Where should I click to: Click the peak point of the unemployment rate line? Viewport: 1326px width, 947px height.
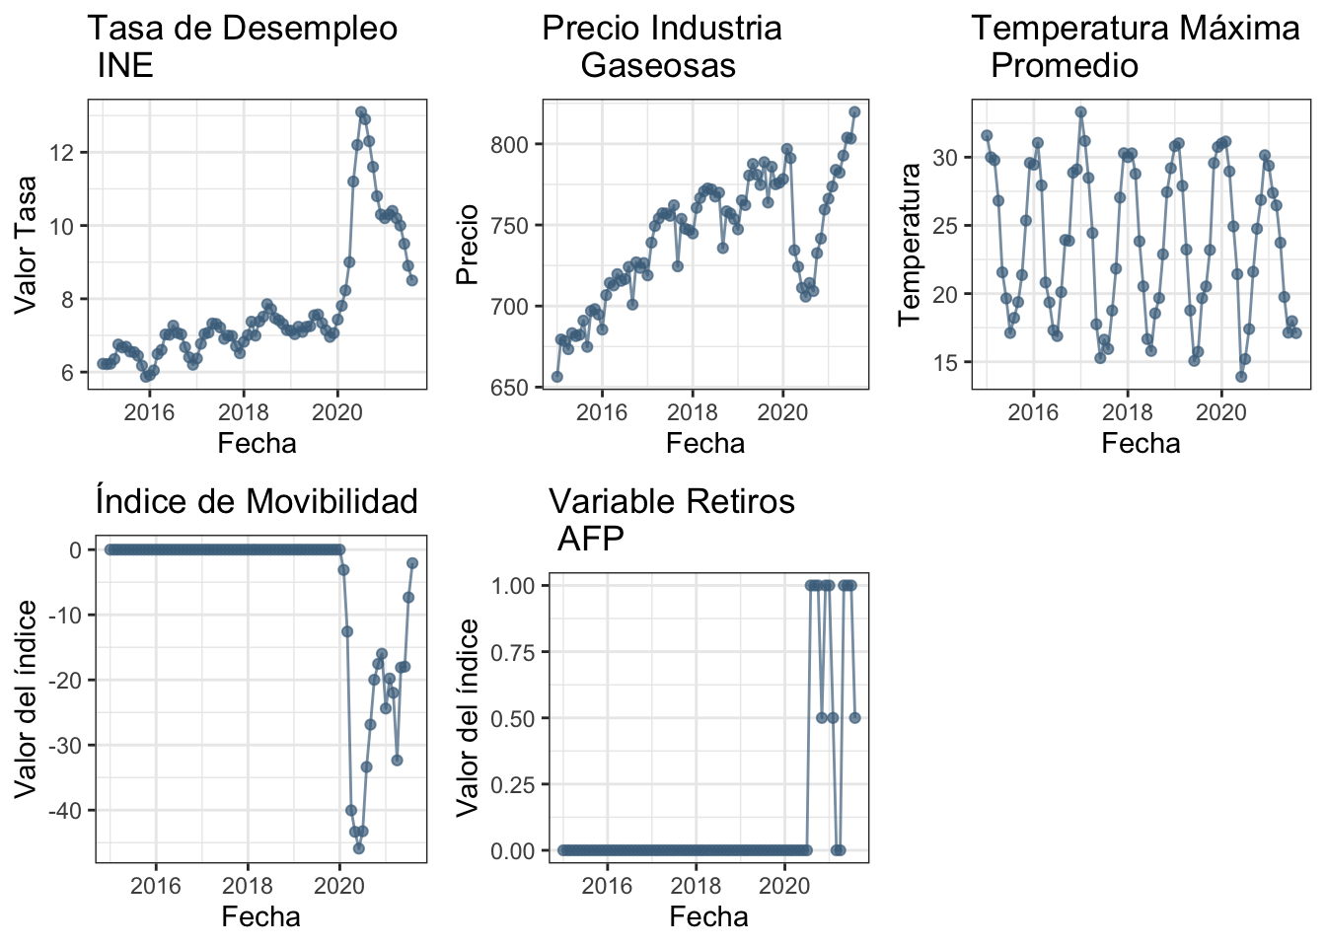(361, 112)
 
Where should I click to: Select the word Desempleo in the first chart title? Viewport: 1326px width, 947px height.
(322, 29)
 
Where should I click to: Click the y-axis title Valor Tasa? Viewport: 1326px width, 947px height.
(27, 244)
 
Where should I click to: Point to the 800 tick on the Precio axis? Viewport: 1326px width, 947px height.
(511, 145)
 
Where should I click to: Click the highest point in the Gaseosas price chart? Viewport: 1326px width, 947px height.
(854, 112)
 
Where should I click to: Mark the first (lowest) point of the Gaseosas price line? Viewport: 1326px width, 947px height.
(556, 377)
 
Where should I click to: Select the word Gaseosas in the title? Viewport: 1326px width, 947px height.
(658, 66)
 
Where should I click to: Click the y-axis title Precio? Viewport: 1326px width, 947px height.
(467, 244)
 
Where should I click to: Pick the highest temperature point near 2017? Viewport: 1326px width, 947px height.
(1080, 112)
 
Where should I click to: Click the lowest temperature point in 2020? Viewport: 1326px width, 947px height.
(1241, 377)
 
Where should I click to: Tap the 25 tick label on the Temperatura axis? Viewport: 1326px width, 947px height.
(946, 226)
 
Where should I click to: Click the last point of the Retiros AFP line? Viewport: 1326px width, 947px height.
(854, 718)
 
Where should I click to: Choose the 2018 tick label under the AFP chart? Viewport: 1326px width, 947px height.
(697, 885)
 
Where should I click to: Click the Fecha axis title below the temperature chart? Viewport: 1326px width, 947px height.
(1141, 443)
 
